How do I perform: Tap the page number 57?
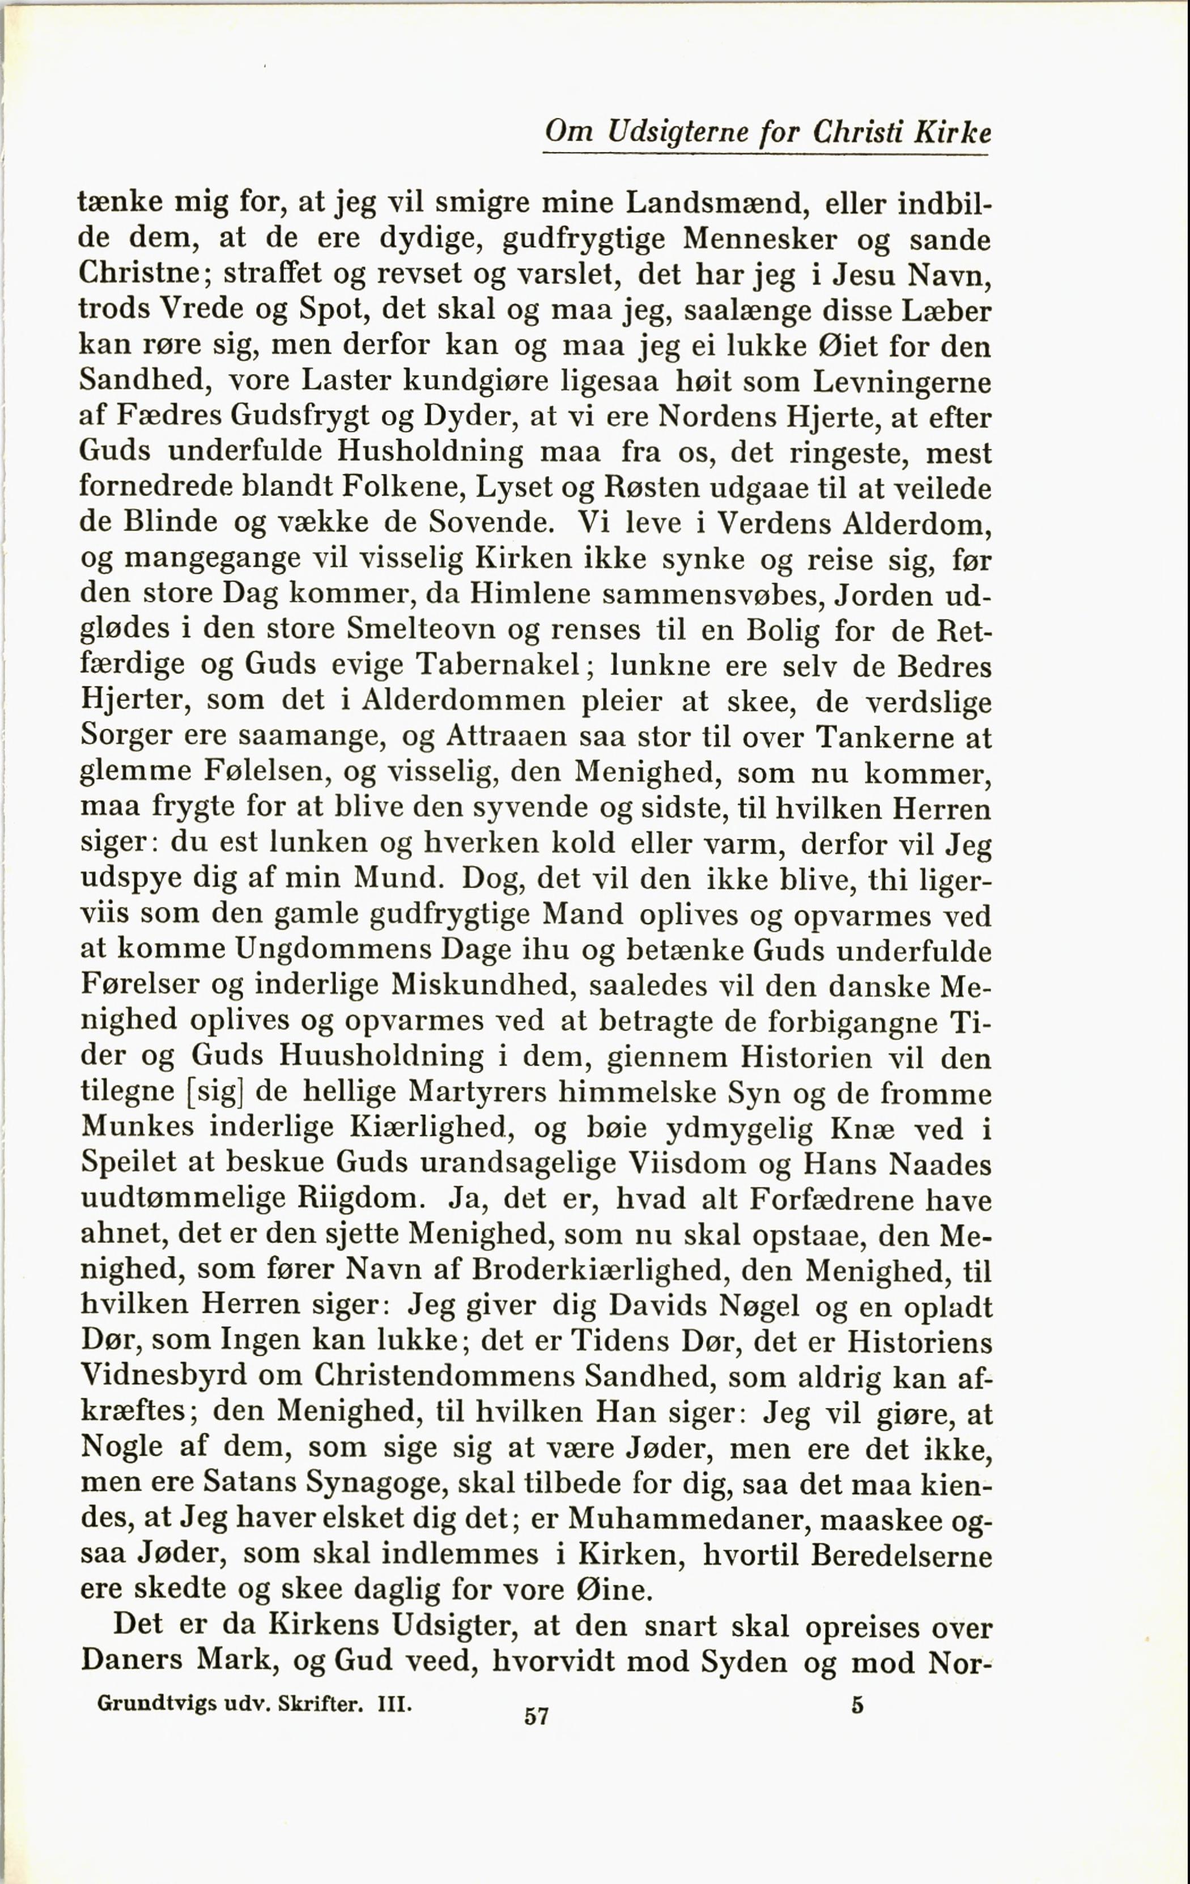pos(537,1717)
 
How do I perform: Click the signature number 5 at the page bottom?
pos(857,1705)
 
